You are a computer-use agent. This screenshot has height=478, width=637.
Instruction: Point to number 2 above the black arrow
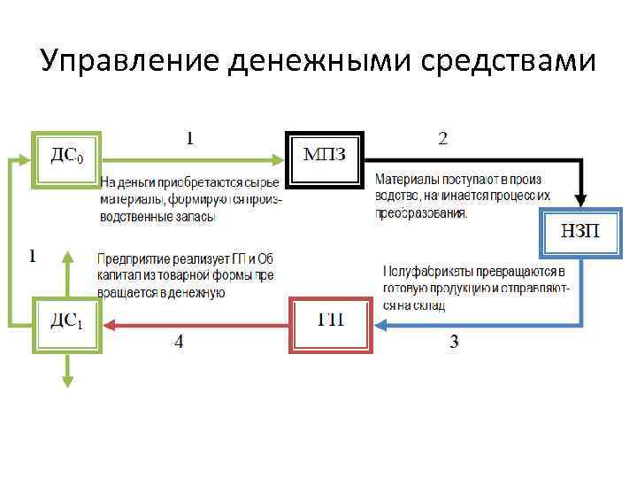point(443,137)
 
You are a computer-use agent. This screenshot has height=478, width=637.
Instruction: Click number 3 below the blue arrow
point(454,343)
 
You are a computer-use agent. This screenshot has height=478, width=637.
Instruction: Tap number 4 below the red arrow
point(179,343)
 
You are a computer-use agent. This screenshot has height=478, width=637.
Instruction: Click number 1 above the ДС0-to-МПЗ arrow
point(188,137)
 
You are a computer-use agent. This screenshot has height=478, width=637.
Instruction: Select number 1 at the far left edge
point(33,257)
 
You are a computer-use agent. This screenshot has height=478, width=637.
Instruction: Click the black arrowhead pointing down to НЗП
point(581,200)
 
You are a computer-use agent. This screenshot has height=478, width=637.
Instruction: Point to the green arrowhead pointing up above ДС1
point(66,256)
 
